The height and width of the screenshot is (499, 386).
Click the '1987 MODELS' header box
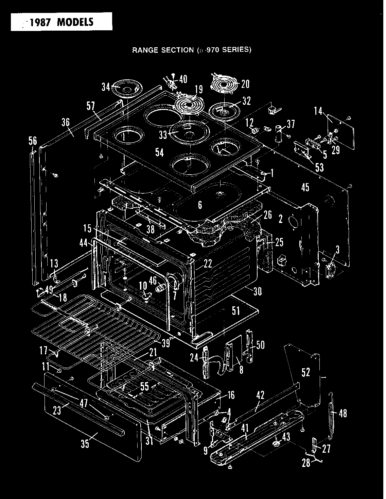(x=61, y=21)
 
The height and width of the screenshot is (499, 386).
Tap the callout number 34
(x=106, y=87)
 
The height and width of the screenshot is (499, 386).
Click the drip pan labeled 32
(x=225, y=110)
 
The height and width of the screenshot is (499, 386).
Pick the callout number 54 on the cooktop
(x=159, y=152)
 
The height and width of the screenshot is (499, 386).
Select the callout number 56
(x=33, y=141)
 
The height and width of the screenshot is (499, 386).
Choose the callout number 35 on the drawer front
(x=85, y=444)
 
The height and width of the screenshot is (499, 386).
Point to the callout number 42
(x=260, y=395)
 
